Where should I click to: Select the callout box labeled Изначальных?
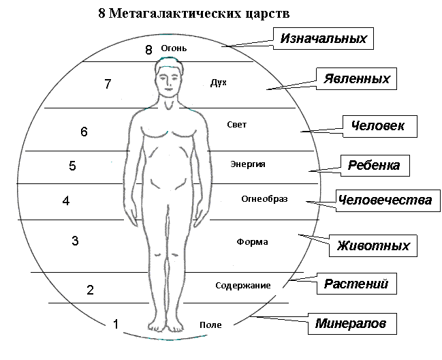323,38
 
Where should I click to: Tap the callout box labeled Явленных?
356,78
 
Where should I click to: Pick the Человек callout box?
380,126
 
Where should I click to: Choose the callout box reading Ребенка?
375,165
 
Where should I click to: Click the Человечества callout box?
388,200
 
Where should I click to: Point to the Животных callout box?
373,245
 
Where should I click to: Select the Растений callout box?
357,284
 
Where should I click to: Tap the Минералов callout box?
352,324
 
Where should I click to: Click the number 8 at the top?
148,50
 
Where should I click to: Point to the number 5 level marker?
72,166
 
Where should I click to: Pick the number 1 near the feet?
116,324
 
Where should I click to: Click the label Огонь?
174,48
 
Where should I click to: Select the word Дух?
219,82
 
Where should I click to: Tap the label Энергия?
248,164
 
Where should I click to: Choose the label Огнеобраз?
264,199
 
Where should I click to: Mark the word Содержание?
243,285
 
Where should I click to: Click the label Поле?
210,325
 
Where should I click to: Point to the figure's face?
169,81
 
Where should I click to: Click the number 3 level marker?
75,241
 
